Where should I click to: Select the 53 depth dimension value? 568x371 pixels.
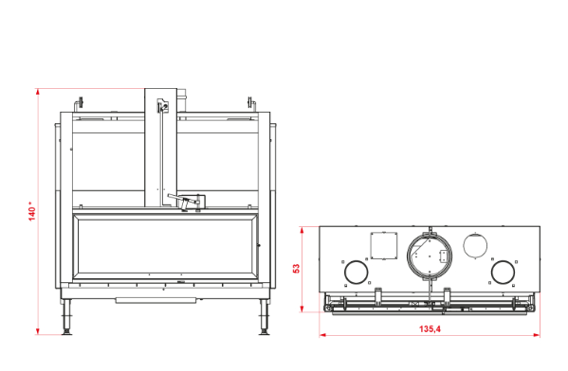[296, 269]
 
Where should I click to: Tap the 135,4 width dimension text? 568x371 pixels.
[430, 328]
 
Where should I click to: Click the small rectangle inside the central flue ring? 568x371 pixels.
[443, 256]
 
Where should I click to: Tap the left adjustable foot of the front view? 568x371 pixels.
[66, 317]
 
